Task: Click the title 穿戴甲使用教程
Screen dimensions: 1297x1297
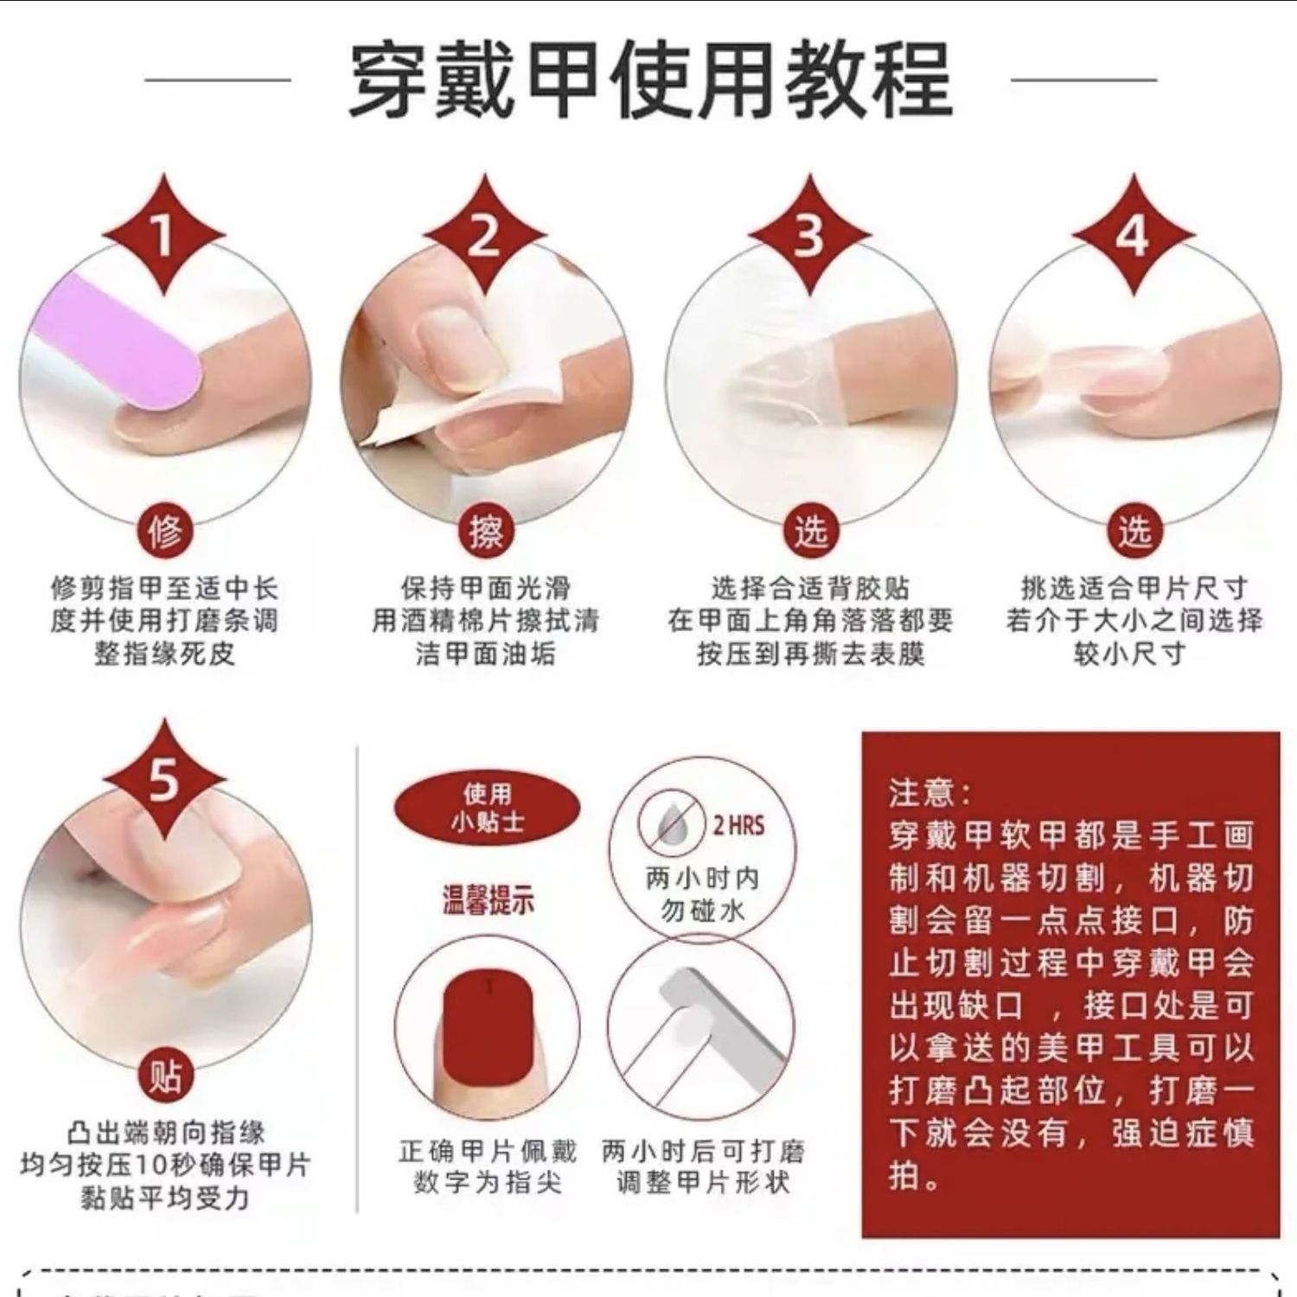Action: point(650,80)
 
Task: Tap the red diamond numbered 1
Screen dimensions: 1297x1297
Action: point(164,234)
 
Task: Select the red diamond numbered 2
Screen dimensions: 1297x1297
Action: point(484,234)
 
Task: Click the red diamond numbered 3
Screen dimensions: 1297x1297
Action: point(809,234)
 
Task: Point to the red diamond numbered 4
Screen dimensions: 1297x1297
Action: point(1133,234)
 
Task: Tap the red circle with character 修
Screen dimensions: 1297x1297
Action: point(164,531)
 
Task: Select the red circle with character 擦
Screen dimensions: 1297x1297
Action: point(485,531)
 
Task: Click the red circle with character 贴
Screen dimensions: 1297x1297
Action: point(164,1077)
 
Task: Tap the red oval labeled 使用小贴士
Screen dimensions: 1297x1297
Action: point(487,807)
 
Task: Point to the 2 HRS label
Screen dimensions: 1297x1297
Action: point(738,825)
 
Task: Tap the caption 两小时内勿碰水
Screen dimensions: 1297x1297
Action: point(703,895)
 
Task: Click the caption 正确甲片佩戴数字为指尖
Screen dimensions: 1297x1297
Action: point(487,1167)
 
